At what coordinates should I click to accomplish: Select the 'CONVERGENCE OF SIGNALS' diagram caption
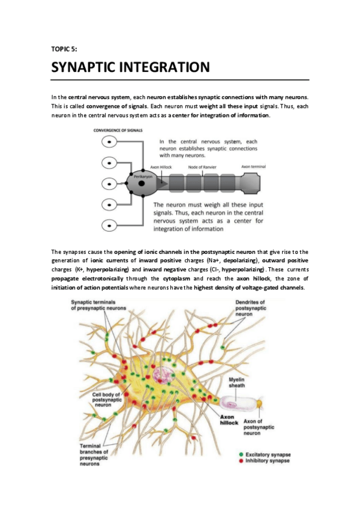coord(122,130)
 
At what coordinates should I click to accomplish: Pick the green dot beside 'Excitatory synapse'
coord(241,454)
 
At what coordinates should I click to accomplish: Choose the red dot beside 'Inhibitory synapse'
coord(241,461)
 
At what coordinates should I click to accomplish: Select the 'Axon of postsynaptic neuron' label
coord(259,427)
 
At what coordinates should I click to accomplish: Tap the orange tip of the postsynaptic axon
coord(260,404)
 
